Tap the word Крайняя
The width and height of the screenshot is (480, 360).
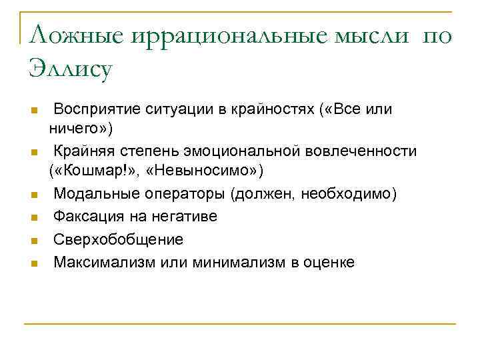(x=85, y=151)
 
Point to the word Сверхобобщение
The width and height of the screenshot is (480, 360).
(x=118, y=239)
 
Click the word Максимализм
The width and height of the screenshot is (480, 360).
(x=105, y=262)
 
